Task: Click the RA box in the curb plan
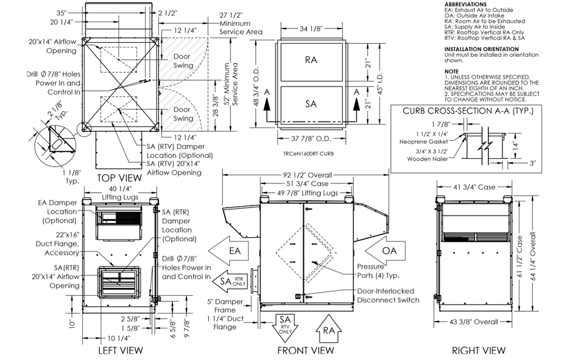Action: [x=311, y=61]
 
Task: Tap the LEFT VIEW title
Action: [x=121, y=350]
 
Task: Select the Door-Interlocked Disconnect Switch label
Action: [x=388, y=295]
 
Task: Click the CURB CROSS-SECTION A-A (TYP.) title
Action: [x=468, y=111]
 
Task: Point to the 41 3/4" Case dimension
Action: [x=475, y=186]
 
